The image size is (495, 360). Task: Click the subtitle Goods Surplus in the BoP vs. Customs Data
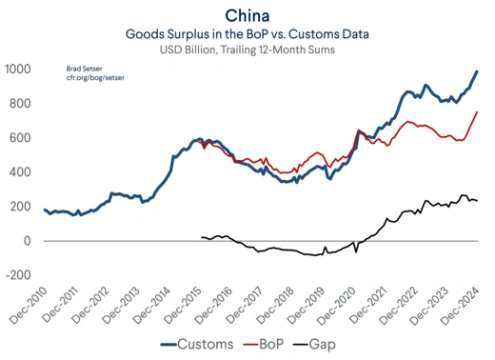(x=246, y=33)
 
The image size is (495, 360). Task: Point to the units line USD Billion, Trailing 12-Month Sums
(x=246, y=50)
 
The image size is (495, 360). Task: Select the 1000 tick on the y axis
(x=17, y=70)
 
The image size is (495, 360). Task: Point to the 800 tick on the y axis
(x=20, y=104)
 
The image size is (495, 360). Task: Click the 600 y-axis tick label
(x=20, y=138)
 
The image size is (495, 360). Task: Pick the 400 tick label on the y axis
(x=20, y=172)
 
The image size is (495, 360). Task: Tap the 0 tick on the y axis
(x=28, y=241)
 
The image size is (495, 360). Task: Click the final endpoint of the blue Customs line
(x=477, y=71)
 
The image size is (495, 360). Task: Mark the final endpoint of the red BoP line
(x=477, y=112)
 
